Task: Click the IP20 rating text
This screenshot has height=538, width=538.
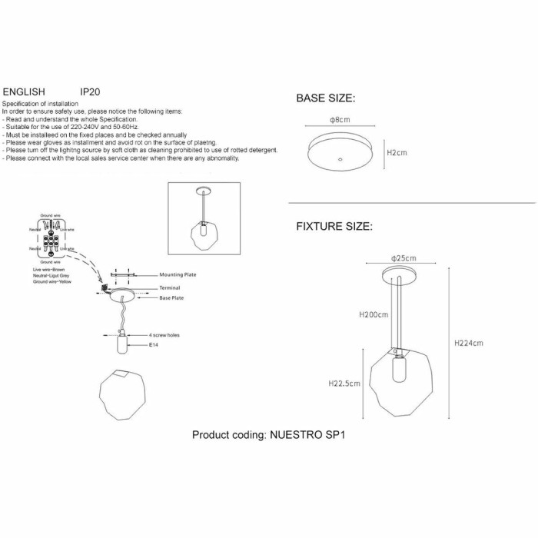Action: (x=90, y=90)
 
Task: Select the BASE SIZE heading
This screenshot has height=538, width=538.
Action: (x=325, y=99)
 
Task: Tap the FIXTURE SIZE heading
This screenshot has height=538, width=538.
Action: (x=334, y=227)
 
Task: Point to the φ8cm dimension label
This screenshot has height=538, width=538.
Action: (x=340, y=120)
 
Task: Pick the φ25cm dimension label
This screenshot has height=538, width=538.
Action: (x=403, y=257)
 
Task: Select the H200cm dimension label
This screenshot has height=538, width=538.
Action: (x=374, y=314)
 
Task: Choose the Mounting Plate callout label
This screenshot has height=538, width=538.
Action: (x=178, y=275)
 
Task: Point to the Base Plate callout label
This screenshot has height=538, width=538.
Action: (x=171, y=297)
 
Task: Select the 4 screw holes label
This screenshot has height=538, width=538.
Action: (x=165, y=336)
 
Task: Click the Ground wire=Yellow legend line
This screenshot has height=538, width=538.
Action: (x=51, y=282)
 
